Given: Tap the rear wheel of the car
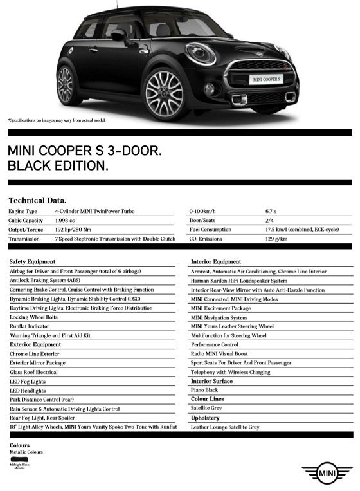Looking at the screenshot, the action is pyautogui.click(x=66, y=85).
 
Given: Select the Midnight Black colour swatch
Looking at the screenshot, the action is pyautogui.click(x=22, y=458).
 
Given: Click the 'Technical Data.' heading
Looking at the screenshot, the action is pyautogui.click(x=37, y=200).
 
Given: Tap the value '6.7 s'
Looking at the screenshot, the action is pyautogui.click(x=271, y=211).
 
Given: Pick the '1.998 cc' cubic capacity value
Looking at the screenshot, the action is pyautogui.click(x=66, y=220).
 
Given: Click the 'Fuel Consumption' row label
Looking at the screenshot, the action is pyautogui.click(x=210, y=229).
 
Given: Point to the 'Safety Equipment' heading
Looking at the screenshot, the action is pyautogui.click(x=33, y=262).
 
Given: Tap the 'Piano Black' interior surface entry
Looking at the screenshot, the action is pyautogui.click(x=205, y=390).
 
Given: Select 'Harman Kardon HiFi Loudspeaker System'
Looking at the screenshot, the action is pyautogui.click(x=239, y=281).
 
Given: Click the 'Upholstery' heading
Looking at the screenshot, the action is pyautogui.click(x=205, y=418).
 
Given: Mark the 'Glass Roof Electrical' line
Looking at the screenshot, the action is pyautogui.click(x=34, y=372).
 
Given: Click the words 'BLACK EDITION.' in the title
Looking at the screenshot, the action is pyautogui.click(x=58, y=166).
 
